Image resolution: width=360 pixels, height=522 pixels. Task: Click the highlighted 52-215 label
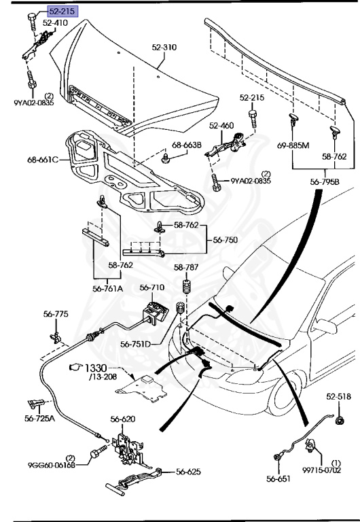62,12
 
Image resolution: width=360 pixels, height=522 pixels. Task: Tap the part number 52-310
164,48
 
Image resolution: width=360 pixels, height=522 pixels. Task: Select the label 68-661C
43,160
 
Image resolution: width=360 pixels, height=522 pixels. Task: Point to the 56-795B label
325,181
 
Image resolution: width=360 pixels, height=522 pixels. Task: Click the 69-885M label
293,145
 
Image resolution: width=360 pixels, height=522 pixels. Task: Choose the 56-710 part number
151,288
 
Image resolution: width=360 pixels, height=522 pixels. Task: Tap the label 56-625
188,472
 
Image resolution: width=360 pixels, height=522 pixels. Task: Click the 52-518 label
338,396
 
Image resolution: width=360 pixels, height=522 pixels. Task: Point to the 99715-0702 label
322,470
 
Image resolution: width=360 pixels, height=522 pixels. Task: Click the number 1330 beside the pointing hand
96,368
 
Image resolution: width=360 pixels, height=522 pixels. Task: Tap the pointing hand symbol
75,367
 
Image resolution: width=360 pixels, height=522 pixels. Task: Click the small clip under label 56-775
55,338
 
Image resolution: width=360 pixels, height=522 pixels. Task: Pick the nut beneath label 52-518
340,421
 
